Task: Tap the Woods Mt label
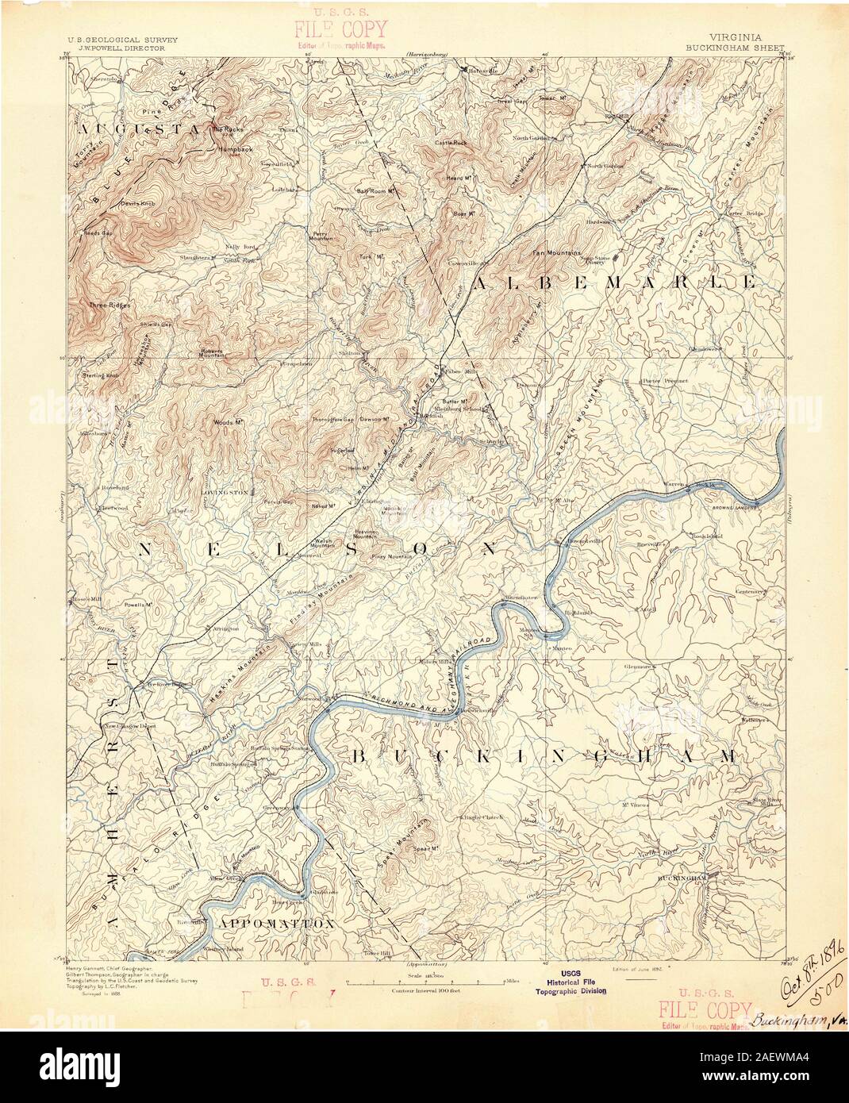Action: click(x=228, y=422)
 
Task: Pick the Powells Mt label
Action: click(x=137, y=605)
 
